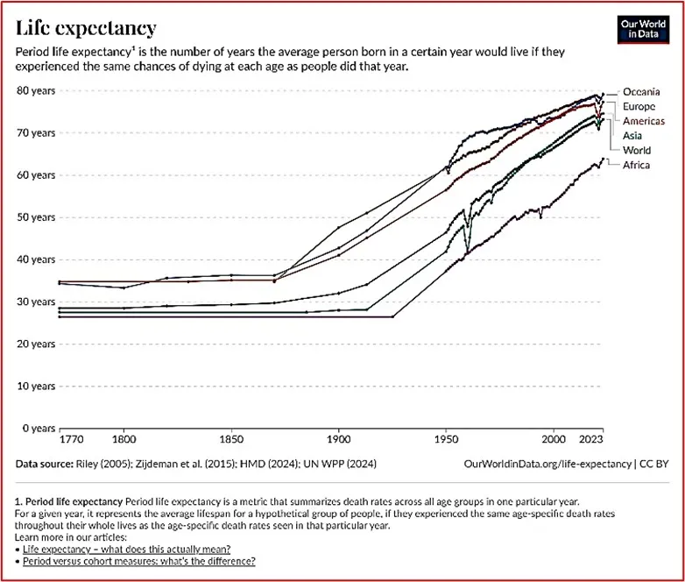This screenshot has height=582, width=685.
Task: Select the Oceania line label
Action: pos(642,91)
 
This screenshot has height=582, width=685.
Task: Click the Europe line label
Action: pos(639,106)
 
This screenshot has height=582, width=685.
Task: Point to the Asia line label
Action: pos(632,135)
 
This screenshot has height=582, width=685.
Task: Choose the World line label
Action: pos(636,150)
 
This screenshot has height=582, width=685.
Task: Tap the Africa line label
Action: pos(636,165)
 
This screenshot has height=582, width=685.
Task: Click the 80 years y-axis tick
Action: pos(36,90)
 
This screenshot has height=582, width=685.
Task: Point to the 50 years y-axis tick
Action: pos(36,216)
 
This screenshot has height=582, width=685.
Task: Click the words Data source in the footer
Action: pos(48,462)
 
